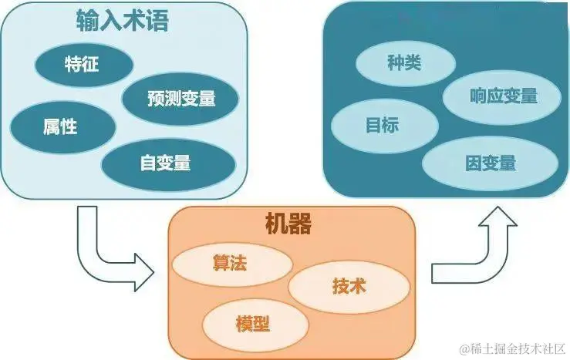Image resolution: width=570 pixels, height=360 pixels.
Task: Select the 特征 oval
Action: tap(83, 63)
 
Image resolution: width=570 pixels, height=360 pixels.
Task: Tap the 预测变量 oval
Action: tap(180, 99)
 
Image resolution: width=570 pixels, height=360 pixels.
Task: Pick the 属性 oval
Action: tap(60, 126)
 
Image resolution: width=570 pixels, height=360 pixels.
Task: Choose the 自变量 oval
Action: tap(166, 163)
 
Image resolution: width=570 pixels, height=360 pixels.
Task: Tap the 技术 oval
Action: tap(349, 287)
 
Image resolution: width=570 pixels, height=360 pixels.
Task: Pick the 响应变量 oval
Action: tap(503, 96)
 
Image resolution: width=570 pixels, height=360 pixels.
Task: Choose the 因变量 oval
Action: tap(491, 163)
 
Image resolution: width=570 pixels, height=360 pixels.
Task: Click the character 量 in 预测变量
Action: tap(205, 99)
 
